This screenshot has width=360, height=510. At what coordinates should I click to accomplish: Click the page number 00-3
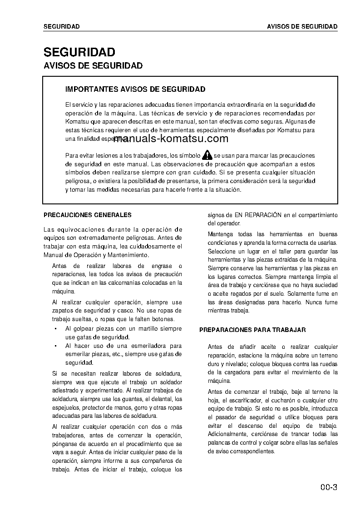[328, 489]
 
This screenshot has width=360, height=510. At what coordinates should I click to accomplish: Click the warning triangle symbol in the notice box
[207, 155]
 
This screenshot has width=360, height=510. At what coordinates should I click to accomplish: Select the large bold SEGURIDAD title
[79, 52]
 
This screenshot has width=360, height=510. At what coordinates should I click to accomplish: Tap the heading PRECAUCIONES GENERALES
[87, 215]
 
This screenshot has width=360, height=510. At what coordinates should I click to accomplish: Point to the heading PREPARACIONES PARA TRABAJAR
[252, 330]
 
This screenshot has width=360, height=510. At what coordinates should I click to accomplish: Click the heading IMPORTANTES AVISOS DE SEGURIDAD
[135, 89]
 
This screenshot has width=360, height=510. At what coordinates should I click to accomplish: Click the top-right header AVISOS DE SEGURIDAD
[302, 26]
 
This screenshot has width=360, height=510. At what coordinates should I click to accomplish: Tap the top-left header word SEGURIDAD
[61, 26]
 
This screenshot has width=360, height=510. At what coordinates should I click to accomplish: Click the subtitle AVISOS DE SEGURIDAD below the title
[93, 66]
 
